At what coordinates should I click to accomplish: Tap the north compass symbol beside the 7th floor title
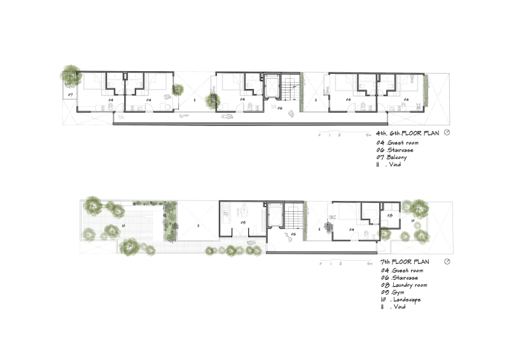447,261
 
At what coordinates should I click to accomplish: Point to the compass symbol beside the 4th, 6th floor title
447,133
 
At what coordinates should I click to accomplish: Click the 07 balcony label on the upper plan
71,95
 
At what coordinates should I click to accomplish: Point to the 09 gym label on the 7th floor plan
242,223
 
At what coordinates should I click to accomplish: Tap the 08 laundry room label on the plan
390,216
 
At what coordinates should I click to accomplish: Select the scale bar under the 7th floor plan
344,261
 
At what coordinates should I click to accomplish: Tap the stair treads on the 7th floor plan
293,220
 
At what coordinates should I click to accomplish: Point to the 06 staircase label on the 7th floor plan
294,234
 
